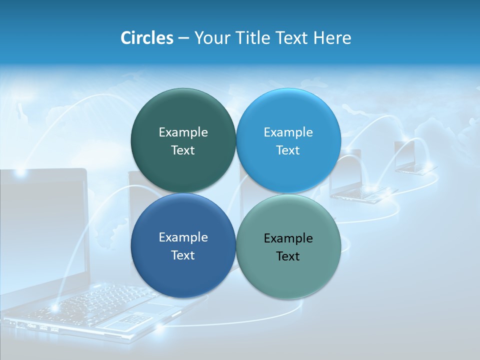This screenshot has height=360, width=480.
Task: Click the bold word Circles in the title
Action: [147, 38]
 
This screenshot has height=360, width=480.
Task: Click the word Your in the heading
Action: [210, 38]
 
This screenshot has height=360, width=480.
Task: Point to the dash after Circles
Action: [183, 38]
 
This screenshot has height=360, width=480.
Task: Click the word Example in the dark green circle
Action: [183, 132]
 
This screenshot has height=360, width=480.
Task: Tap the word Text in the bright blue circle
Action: [288, 150]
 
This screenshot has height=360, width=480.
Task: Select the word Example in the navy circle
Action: [183, 237]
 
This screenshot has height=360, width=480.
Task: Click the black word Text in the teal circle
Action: [288, 256]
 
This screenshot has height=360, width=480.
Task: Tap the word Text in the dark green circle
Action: [183, 150]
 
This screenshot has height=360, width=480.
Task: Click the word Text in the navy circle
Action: [183, 255]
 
